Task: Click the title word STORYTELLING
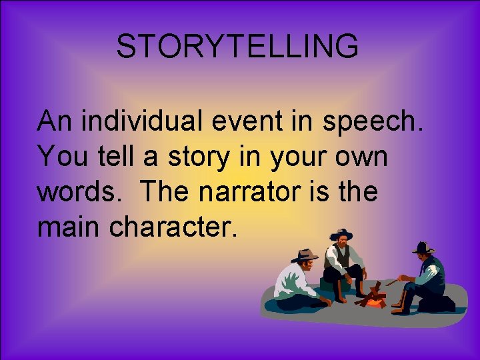click(237, 47)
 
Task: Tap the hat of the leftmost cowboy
click(305, 255)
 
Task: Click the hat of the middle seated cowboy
click(341, 234)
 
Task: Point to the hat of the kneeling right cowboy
click(423, 248)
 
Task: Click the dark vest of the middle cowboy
click(341, 257)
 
